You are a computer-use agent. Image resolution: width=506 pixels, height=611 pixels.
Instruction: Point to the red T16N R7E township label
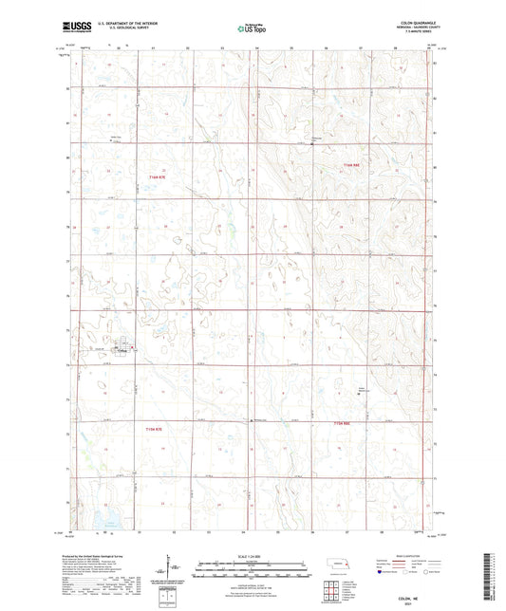[157, 176]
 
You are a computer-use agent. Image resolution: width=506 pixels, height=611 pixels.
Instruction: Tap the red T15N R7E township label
[157, 429]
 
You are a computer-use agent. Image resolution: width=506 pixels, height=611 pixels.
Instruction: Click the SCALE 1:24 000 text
[252, 558]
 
